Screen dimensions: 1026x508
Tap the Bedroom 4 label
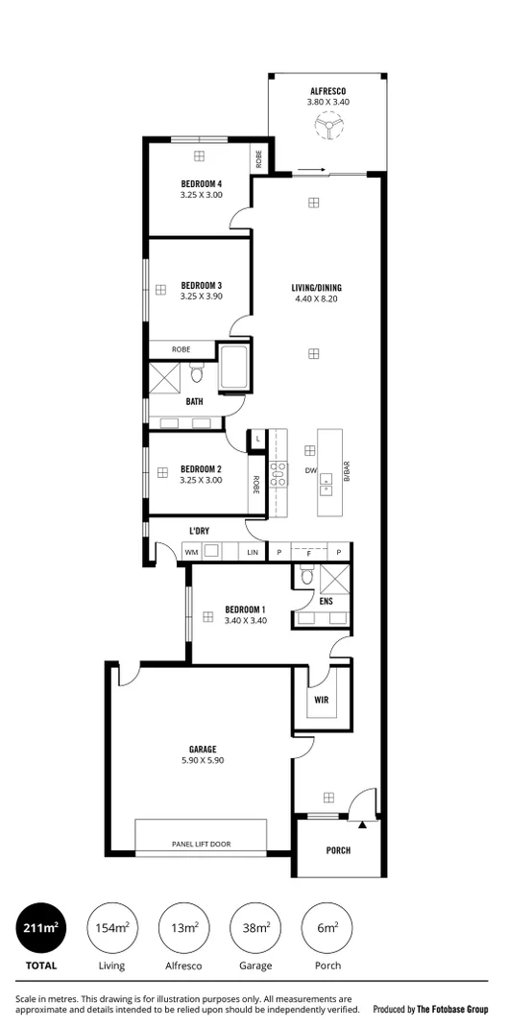[201, 183]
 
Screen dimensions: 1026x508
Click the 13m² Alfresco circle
[183, 927]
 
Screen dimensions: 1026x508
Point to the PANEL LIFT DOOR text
[201, 845]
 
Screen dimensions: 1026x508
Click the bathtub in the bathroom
[234, 369]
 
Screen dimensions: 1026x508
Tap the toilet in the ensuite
[305, 576]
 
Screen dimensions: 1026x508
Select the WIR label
[321, 700]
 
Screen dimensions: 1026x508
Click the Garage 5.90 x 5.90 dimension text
[202, 760]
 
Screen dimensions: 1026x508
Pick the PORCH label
[338, 850]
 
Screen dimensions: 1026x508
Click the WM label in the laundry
[190, 553]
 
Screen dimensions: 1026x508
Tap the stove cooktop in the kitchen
[278, 470]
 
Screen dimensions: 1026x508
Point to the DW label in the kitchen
[310, 470]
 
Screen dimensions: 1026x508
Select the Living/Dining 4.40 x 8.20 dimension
[317, 298]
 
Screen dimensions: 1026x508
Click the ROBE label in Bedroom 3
[181, 349]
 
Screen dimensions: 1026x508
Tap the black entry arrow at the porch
[362, 823]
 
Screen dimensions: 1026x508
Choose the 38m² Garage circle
[255, 927]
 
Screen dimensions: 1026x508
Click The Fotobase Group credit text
[429, 1009]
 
